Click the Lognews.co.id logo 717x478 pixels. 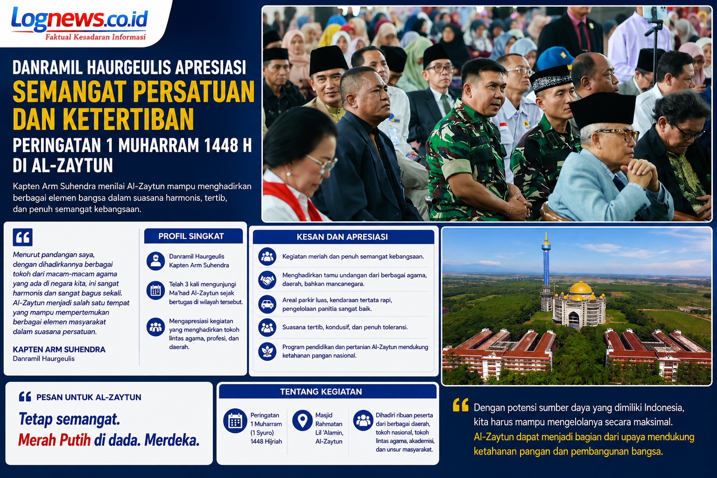(79, 20)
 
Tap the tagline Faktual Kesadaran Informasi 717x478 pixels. (95, 37)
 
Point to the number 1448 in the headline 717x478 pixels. (219, 145)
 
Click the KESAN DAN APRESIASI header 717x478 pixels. (342, 237)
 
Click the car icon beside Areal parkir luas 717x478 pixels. (267, 304)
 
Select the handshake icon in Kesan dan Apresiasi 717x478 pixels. (267, 280)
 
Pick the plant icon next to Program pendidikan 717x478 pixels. (267, 351)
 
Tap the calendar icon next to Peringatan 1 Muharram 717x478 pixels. (235, 421)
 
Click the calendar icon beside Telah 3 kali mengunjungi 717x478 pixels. (155, 290)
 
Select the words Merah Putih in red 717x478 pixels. (55, 441)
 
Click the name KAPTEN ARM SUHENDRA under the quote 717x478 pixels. (59, 349)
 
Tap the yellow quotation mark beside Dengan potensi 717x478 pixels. (461, 405)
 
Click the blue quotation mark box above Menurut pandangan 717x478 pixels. (23, 237)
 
